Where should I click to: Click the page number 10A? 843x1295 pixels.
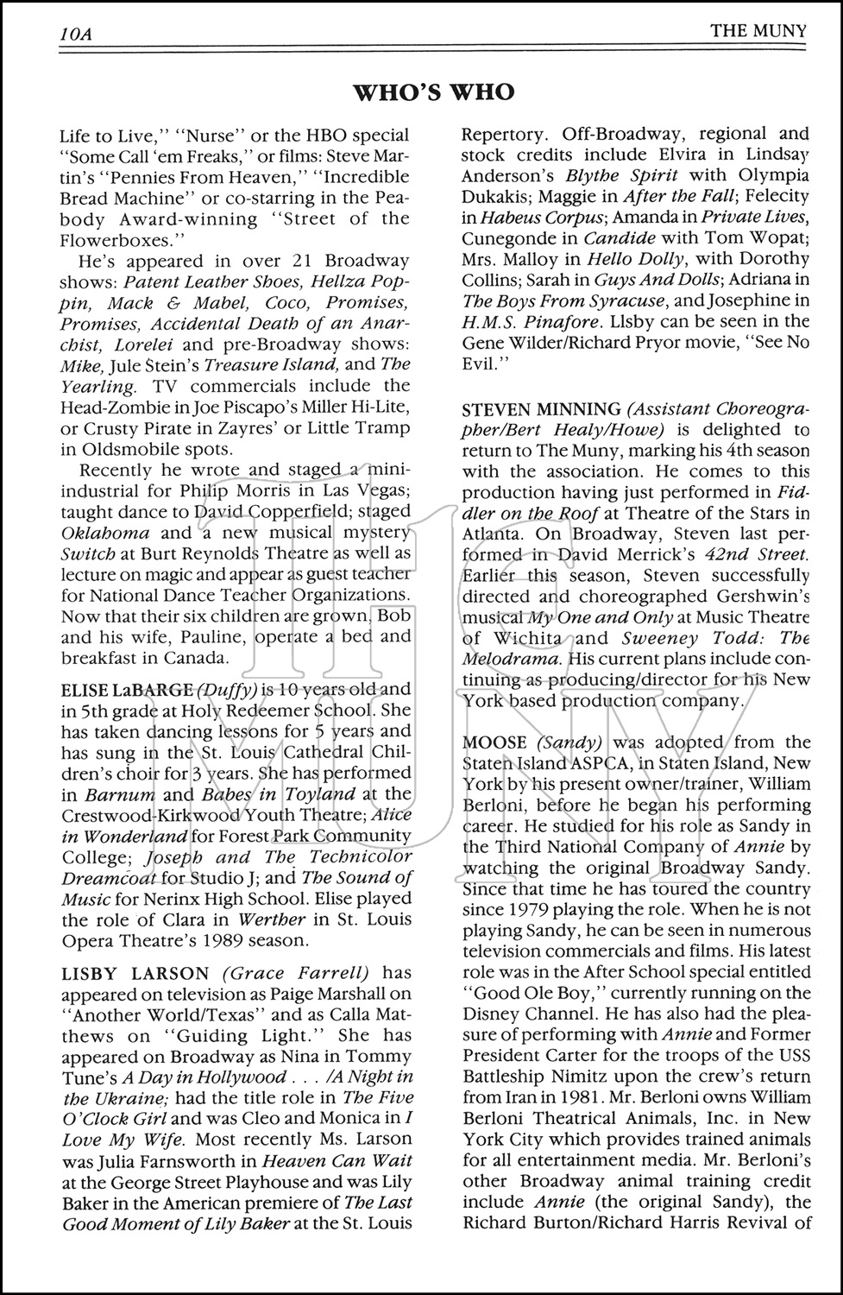(x=77, y=34)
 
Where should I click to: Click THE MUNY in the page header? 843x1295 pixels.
(x=758, y=32)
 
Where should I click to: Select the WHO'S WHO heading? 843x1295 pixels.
(x=435, y=92)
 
